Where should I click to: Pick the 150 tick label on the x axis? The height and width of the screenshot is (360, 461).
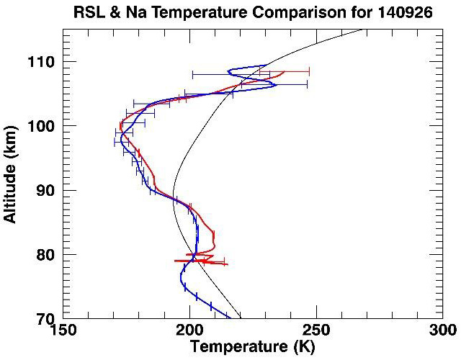pos(63,330)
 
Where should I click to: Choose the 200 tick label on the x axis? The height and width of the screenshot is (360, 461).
pos(189,330)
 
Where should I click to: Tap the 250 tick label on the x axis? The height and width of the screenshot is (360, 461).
pos(316,330)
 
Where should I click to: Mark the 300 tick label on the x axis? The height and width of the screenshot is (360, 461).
pos(442,330)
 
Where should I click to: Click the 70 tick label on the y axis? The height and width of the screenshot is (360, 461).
pos(49,318)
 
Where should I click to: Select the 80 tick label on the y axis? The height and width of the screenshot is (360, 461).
pos(49,254)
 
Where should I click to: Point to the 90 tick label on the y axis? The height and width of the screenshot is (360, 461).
pos(49,190)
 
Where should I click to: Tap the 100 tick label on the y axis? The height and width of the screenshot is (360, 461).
pos(45,126)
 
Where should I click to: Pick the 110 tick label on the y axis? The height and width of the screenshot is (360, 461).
pos(45,62)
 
